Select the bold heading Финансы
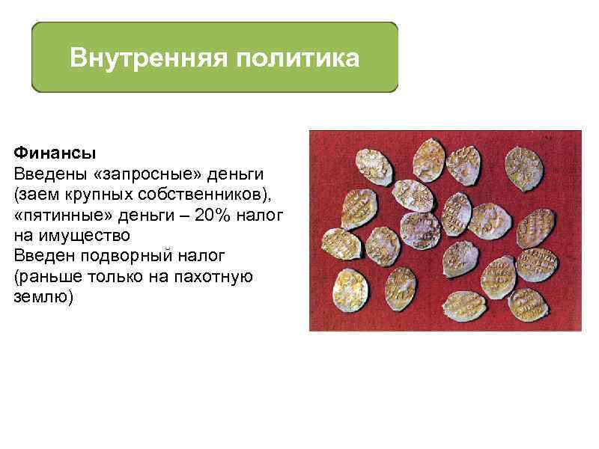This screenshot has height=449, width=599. (55, 154)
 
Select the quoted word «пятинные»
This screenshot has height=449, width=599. (55, 216)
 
